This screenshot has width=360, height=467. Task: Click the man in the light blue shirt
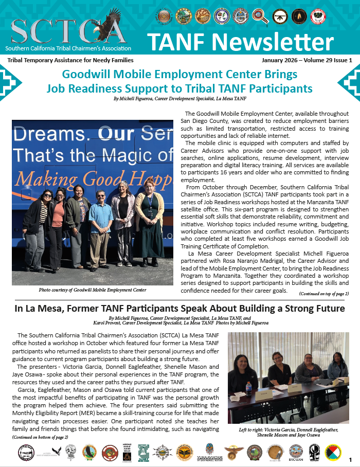[x=100, y=221]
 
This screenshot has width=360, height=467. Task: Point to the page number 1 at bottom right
[x=350, y=459]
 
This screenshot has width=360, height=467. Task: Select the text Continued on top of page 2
[x=324, y=294]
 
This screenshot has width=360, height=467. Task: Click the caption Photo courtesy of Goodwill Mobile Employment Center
[x=92, y=290]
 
